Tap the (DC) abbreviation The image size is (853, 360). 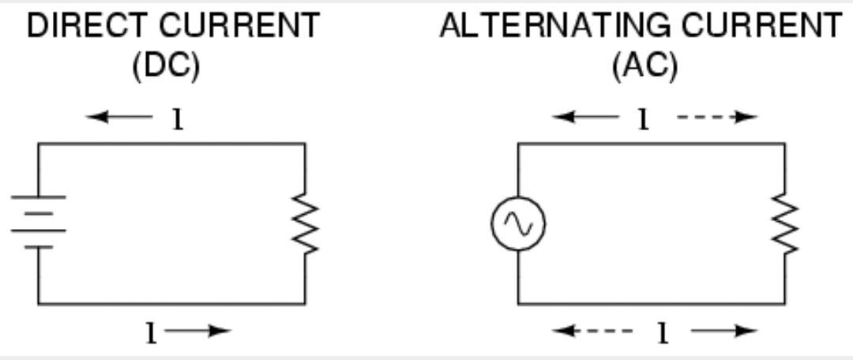click(x=166, y=66)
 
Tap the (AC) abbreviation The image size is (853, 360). click(x=646, y=66)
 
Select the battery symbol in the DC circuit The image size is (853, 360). click(x=38, y=222)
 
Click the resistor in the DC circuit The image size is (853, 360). click(x=305, y=223)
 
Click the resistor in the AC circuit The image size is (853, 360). click(x=784, y=223)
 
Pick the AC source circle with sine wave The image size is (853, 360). click(x=518, y=223)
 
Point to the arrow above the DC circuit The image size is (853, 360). click(x=119, y=116)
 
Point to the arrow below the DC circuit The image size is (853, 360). click(x=198, y=330)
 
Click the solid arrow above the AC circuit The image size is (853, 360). click(x=585, y=116)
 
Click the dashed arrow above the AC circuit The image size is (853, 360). click(x=717, y=116)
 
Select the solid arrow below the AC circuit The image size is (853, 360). click(x=724, y=330)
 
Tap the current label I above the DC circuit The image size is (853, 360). click(x=178, y=119)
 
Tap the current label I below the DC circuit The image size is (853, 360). click(x=151, y=333)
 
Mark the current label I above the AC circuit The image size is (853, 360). click(x=644, y=119)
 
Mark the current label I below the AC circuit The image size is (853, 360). click(x=663, y=333)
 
